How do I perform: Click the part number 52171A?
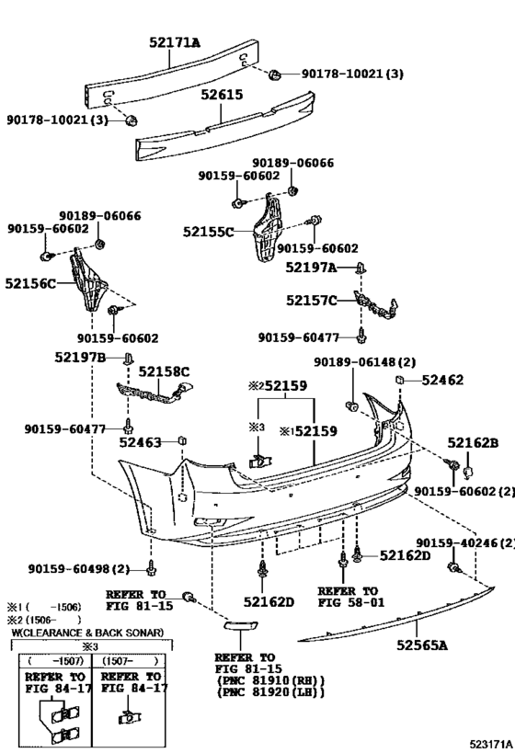pos(175,42)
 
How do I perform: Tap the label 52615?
pos(222,95)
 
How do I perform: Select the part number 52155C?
pos(209,232)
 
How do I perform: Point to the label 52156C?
pos(30,283)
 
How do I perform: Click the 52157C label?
pos(312,301)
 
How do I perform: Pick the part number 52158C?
pos(164,371)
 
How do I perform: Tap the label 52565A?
pos(422,645)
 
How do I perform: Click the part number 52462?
pos(442,380)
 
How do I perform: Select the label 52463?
pos(141,442)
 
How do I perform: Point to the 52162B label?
pos(474,442)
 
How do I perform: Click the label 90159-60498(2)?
pos(79,569)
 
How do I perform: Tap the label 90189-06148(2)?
pos(365,362)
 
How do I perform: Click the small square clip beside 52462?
pos(399,380)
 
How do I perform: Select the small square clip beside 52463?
pos(182,440)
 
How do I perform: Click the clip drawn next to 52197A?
pos(360,268)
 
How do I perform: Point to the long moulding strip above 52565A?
pos(396,614)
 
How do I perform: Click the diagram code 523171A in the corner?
pos(491,745)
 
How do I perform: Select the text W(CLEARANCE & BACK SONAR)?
pos(87,633)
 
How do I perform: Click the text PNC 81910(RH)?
pos(271,680)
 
